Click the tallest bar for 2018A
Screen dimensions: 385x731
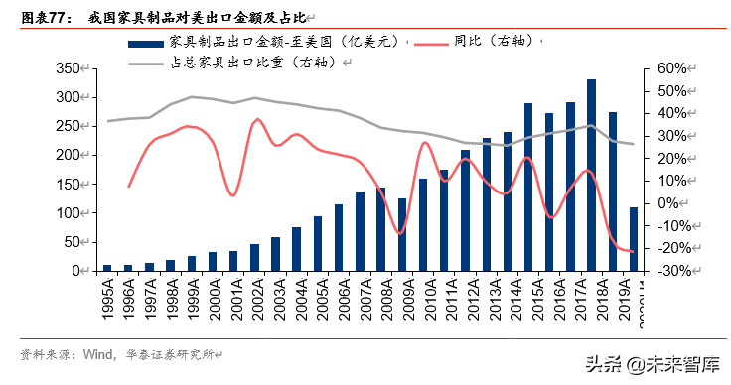tap(591, 176)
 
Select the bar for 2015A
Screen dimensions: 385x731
tap(528, 188)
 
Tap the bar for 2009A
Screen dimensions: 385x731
tap(402, 234)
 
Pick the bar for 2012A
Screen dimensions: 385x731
tap(465, 210)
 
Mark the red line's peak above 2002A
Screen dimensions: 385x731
tap(257, 119)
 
